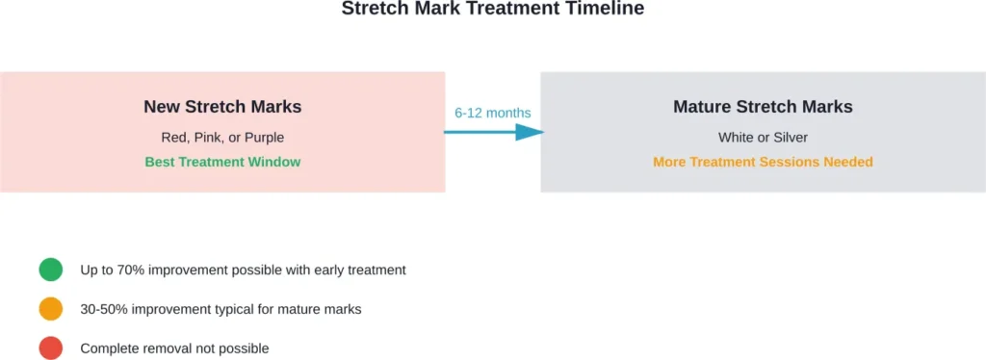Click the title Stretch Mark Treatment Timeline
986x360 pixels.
(x=493, y=9)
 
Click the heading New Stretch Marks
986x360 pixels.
(x=222, y=107)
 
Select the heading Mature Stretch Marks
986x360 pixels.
(x=763, y=107)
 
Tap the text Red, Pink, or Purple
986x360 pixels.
(x=222, y=137)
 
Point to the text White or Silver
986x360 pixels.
(x=763, y=137)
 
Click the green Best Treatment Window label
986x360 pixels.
(x=222, y=162)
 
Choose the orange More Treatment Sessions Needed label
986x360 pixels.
(x=763, y=162)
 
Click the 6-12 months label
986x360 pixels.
(x=492, y=113)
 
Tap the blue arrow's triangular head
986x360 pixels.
(x=529, y=132)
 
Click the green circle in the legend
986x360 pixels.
(x=51, y=270)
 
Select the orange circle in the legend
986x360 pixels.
(x=51, y=309)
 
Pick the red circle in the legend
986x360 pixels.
(x=51, y=347)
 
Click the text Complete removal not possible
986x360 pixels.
(x=174, y=348)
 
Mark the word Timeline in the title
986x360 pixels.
(x=609, y=9)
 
